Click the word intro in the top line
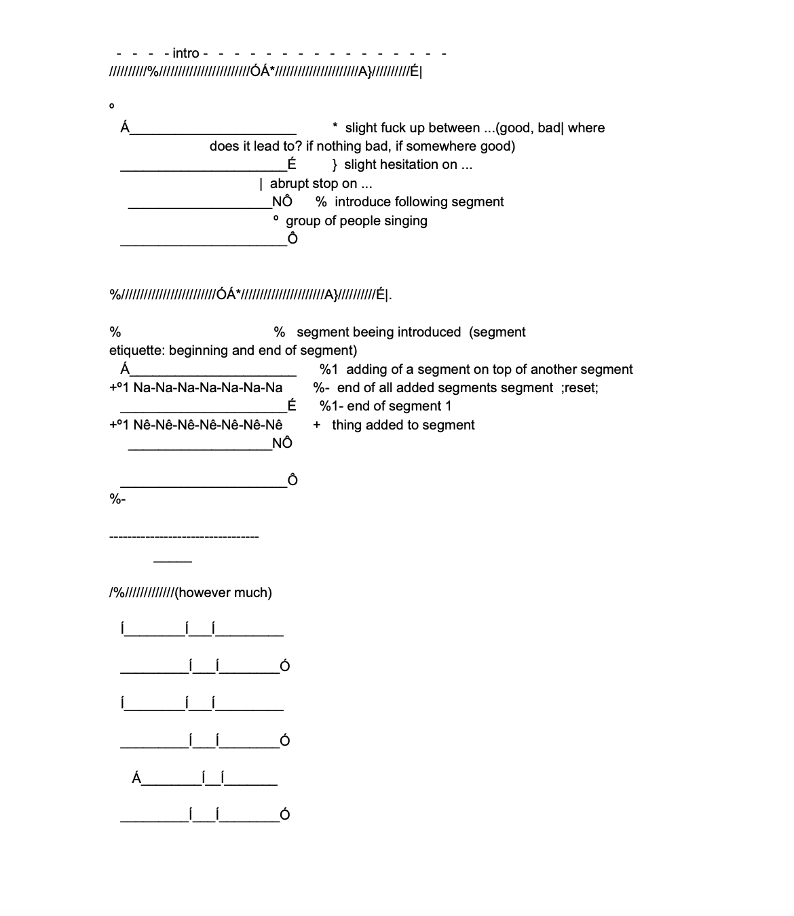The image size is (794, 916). point(186,54)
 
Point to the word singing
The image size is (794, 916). point(404,221)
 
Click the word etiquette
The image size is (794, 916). point(136,351)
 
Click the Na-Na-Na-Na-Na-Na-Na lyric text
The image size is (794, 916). point(208,388)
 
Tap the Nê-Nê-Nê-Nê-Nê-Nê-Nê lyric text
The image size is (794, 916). point(208,425)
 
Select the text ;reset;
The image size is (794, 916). point(580,388)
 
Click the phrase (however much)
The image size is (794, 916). point(223,593)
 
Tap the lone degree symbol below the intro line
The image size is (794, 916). point(112,107)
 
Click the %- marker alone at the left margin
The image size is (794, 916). point(117,499)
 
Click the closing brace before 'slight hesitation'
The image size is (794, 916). point(335,165)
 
